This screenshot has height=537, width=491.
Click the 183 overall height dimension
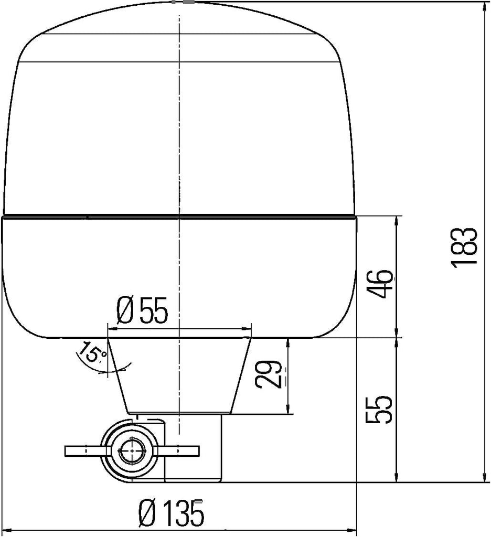pyautogui.click(x=465, y=247)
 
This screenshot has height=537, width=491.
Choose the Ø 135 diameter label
pyautogui.click(x=170, y=512)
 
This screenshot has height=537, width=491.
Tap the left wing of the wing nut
pyautogui.click(x=84, y=451)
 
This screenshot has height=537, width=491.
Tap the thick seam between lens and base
pyautogui.click(x=179, y=216)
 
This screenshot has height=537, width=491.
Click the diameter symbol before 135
pyautogui.click(x=148, y=512)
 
